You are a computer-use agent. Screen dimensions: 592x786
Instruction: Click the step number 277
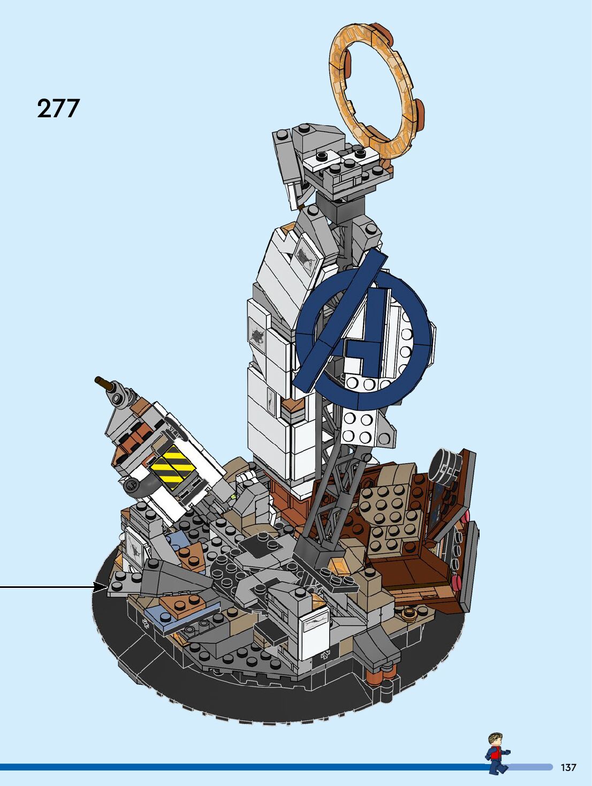tap(58, 108)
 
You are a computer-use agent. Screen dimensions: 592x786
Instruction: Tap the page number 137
tap(568, 767)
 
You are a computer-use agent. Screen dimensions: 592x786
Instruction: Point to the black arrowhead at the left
tap(101, 586)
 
